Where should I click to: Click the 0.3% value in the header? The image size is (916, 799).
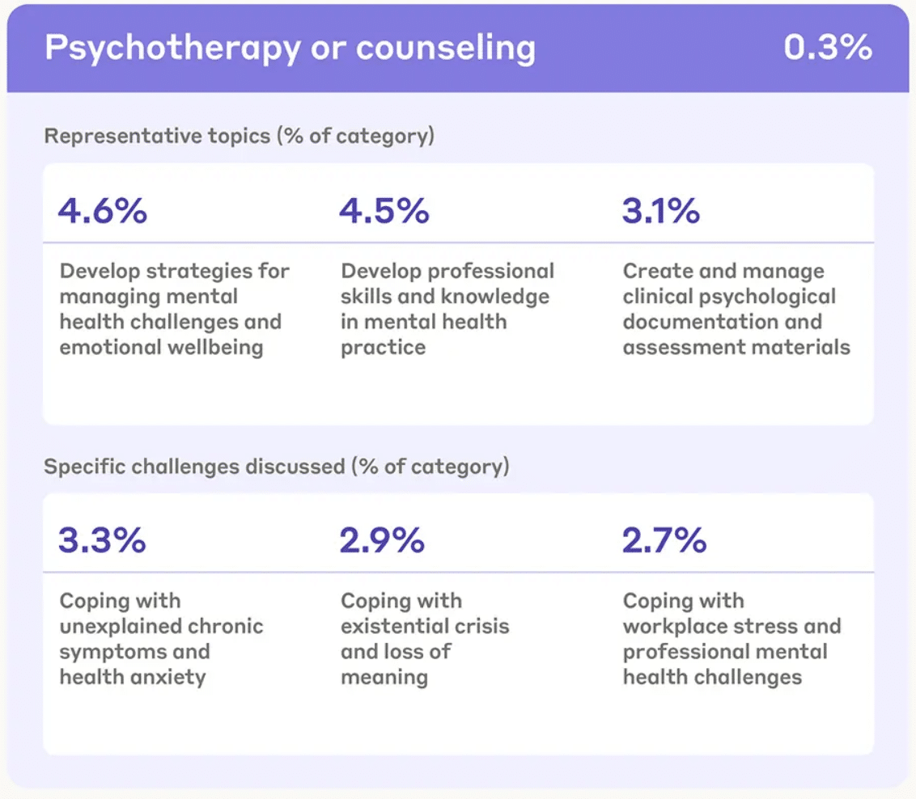pyautogui.click(x=827, y=48)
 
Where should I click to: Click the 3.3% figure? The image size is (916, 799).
pyautogui.click(x=102, y=540)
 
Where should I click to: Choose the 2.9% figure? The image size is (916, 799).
pyautogui.click(x=383, y=540)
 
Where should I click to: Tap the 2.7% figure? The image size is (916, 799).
pyautogui.click(x=664, y=540)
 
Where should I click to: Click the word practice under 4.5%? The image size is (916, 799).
pyautogui.click(x=383, y=348)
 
